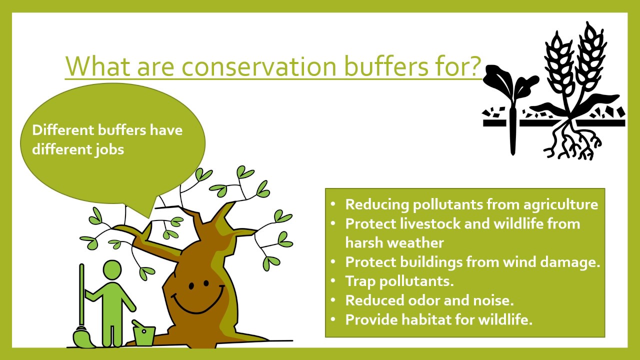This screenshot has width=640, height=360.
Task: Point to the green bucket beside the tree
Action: click(143, 333)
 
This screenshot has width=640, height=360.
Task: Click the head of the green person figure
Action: click(112, 269)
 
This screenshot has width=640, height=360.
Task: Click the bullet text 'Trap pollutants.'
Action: click(399, 281)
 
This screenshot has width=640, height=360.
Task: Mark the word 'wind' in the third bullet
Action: click(520, 261)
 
